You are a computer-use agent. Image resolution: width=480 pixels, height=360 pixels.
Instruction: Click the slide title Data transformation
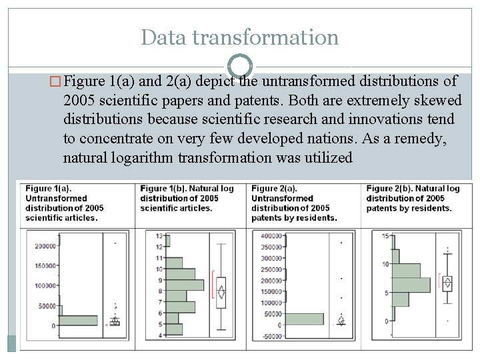239,37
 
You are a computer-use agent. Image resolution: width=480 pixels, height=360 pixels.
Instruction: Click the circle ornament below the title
240,66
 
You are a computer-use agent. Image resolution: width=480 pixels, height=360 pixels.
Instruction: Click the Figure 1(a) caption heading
49,189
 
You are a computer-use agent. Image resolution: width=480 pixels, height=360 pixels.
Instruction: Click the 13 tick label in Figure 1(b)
159,236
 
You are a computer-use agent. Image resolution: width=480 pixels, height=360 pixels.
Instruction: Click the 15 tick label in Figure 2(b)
385,236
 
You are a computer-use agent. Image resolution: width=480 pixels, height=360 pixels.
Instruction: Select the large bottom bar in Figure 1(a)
79,321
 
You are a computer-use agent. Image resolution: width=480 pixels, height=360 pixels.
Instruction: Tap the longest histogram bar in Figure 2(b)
411,285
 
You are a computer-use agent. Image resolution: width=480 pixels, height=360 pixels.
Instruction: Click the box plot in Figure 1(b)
221,292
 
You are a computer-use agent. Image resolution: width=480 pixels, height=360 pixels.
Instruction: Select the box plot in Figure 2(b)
447,283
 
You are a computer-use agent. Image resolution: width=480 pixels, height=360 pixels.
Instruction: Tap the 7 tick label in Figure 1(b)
160,302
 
